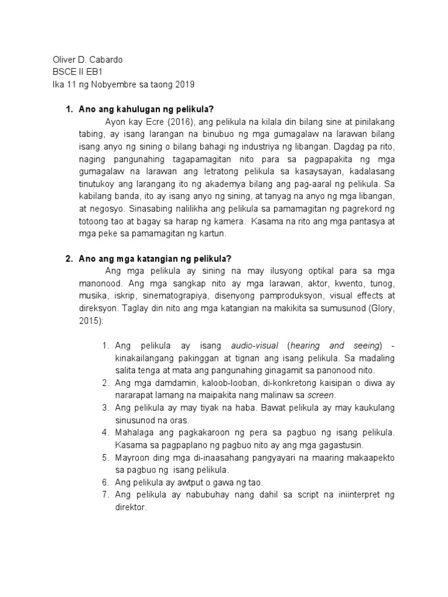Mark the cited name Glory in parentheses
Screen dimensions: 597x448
pos(370,310)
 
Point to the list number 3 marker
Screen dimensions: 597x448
pos(105,408)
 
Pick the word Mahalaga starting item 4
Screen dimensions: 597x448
pos(136,433)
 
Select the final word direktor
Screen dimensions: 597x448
pos(131,508)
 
